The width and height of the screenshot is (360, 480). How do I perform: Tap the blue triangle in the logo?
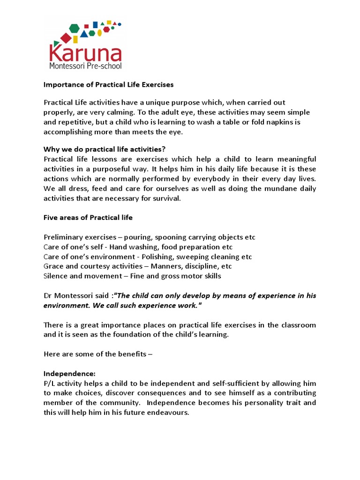[x=84, y=33]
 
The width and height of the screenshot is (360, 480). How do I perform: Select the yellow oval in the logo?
[x=99, y=33]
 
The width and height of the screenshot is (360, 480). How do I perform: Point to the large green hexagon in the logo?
[x=74, y=28]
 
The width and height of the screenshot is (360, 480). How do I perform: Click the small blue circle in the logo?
[x=120, y=24]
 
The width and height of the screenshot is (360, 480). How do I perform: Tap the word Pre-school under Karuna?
[x=103, y=66]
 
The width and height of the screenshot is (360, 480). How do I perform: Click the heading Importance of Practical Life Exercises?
[x=108, y=85]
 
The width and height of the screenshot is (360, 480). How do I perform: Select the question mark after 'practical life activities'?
[x=164, y=150]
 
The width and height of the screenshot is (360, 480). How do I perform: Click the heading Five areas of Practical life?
[x=88, y=217]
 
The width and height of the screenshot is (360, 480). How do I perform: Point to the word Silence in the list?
[x=55, y=276]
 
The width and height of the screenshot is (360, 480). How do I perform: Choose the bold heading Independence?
[x=69, y=374]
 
